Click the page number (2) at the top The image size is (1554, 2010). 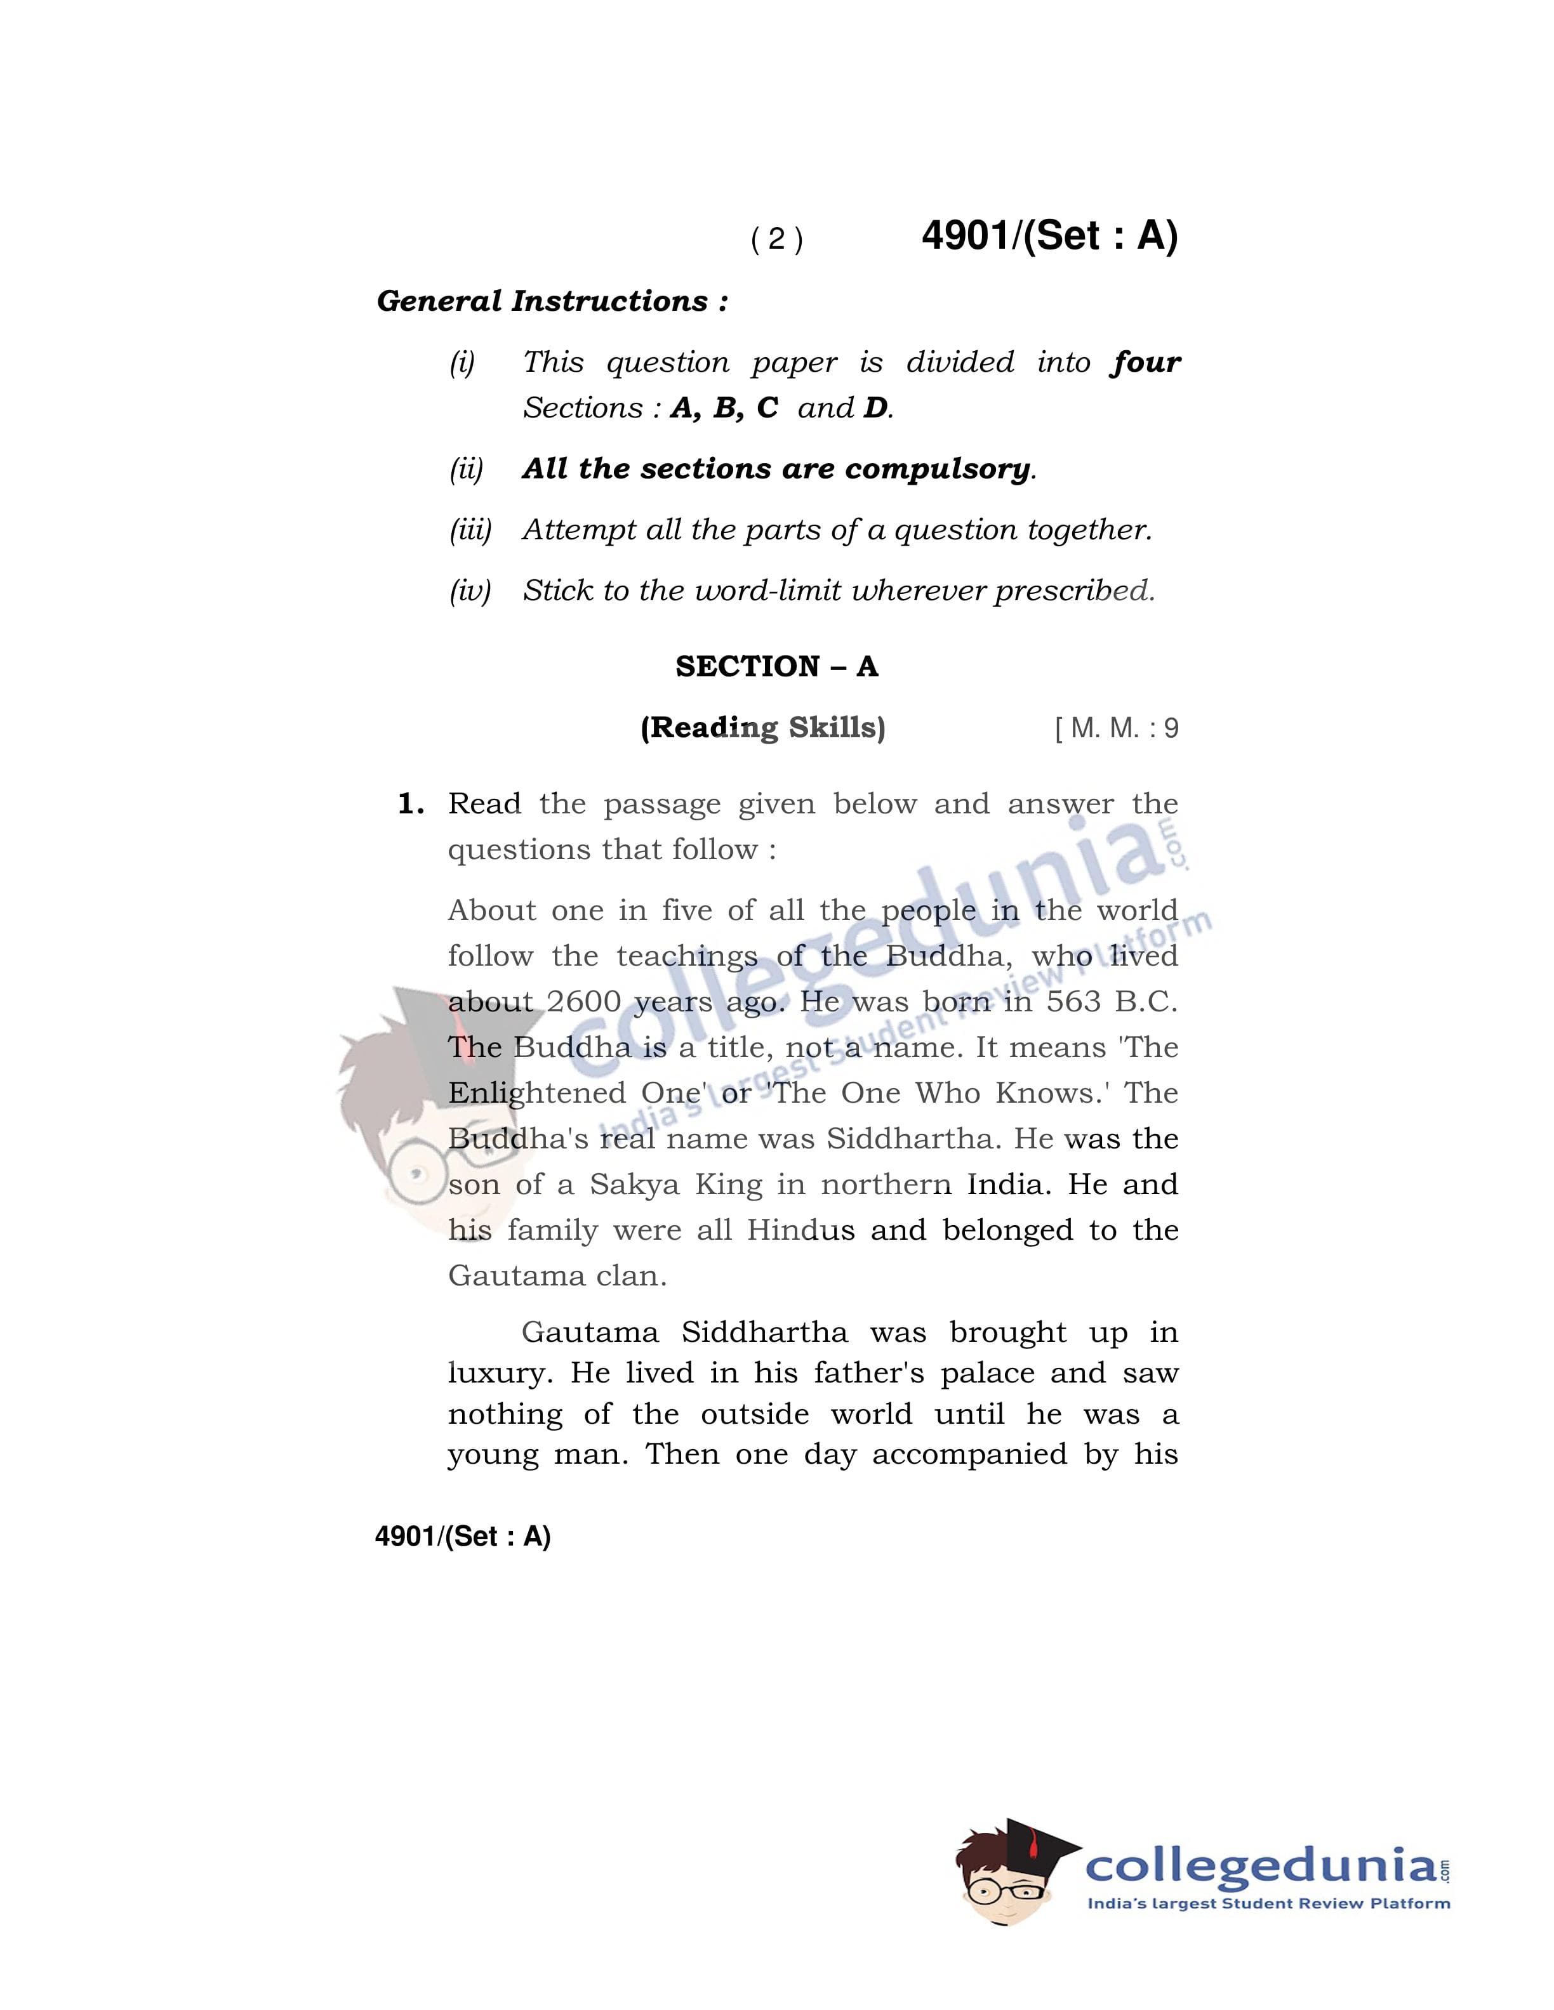coord(777,239)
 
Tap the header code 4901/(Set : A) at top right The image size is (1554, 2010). coord(1049,235)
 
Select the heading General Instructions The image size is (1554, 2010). coord(552,301)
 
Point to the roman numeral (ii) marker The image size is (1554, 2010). coord(466,470)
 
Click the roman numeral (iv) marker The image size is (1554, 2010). coord(470,591)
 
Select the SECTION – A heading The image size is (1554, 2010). coord(776,666)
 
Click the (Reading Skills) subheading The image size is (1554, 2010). coord(762,728)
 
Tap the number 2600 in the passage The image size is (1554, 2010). coord(583,1001)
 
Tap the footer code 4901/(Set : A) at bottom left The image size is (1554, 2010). coord(462,1536)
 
